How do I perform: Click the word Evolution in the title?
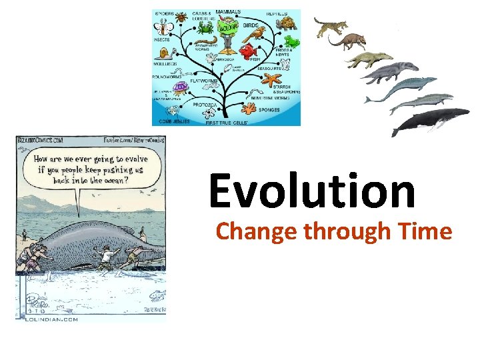(312, 191)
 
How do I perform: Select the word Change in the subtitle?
(257, 231)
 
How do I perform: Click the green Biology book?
(229, 31)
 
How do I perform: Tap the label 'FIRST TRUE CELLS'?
(227, 123)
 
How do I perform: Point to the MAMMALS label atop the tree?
(228, 13)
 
